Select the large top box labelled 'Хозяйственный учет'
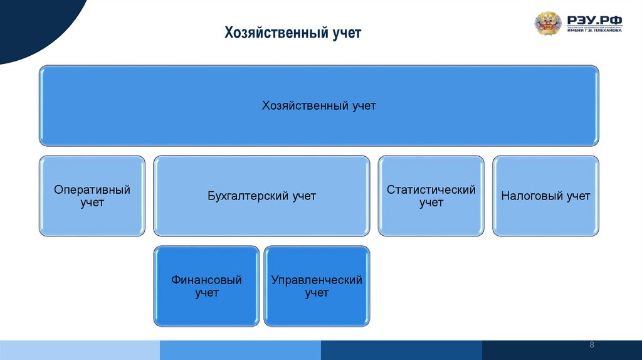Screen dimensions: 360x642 point(318,105)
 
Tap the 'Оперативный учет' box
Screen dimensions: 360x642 point(92,196)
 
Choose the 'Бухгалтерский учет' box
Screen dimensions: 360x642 point(261,196)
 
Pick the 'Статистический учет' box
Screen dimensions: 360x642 point(431,196)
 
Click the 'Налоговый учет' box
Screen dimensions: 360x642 point(545,196)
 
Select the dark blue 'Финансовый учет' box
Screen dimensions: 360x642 point(206,286)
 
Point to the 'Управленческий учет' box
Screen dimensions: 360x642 point(317,286)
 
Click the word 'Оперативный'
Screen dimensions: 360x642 point(92,189)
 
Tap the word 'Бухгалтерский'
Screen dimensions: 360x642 point(249,196)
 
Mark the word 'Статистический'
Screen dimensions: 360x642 point(431,189)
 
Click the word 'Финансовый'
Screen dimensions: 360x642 point(206,280)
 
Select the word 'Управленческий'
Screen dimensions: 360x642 point(317,280)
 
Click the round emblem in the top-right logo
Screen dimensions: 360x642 point(547,24)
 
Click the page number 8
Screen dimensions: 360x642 point(592,346)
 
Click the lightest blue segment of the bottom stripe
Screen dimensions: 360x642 point(80,350)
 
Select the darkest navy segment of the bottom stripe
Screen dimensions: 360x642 point(562,350)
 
